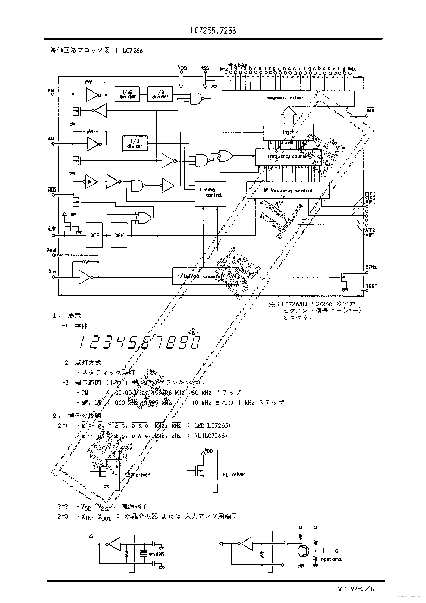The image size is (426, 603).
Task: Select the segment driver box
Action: [288, 98]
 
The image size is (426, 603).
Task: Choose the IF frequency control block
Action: [288, 191]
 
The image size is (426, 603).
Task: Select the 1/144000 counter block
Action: [206, 276]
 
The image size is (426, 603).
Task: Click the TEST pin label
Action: [371, 286]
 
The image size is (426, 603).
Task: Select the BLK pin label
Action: [370, 111]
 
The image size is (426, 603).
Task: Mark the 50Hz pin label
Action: [371, 267]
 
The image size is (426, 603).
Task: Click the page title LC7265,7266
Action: [213, 31]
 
